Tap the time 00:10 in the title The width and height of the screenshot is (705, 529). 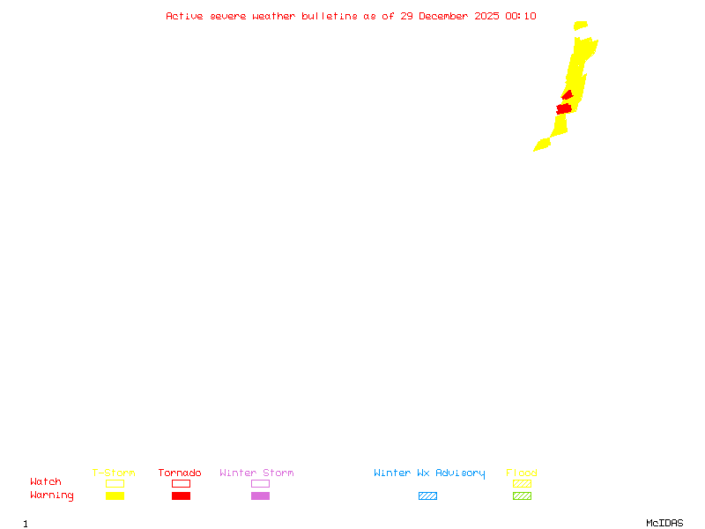click(521, 16)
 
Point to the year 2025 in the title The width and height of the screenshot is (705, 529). click(487, 16)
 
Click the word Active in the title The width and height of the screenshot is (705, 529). click(185, 16)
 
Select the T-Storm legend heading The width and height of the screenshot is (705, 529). click(114, 473)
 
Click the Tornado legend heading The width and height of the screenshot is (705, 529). click(180, 473)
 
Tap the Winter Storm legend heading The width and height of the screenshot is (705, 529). click(256, 473)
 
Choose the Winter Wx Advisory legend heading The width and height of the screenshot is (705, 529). click(429, 473)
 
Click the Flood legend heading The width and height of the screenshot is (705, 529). click(522, 473)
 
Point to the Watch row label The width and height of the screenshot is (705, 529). click(46, 482)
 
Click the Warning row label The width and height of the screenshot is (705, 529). click(52, 495)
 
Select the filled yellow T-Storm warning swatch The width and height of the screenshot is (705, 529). click(115, 496)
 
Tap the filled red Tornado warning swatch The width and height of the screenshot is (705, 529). click(181, 496)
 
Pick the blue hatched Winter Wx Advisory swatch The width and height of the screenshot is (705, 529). click(427, 496)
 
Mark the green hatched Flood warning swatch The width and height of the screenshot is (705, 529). click(522, 496)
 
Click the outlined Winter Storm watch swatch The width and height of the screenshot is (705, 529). click(260, 483)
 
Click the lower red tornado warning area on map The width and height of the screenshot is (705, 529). click(564, 108)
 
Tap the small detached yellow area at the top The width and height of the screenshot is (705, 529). click(580, 26)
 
